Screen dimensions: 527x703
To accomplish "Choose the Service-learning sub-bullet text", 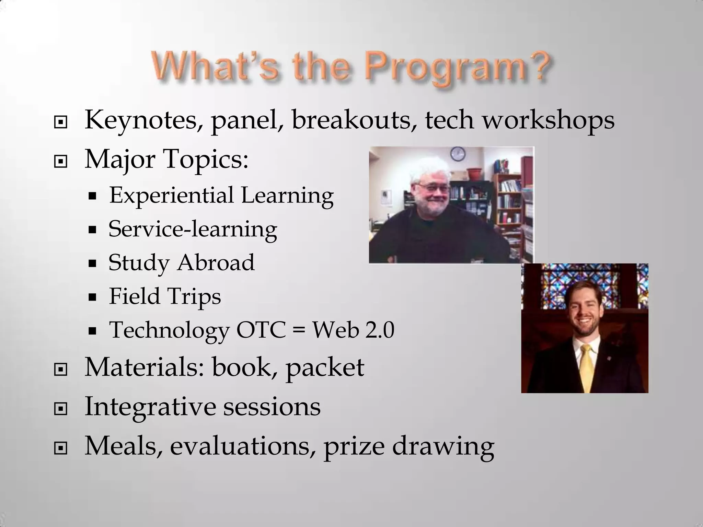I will tap(193, 229).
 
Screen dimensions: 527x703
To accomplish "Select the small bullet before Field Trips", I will tap(92, 297).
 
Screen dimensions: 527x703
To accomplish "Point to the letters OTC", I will tap(261, 330).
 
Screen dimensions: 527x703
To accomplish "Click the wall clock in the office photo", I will tap(458, 153).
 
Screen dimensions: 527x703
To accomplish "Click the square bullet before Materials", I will tap(61, 370).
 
